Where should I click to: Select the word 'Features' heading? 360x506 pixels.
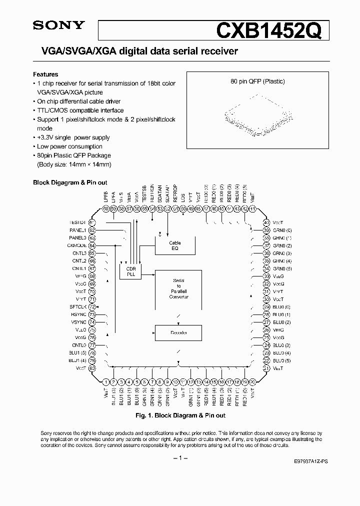[x=45, y=74]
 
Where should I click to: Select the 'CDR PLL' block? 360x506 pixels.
[x=130, y=271]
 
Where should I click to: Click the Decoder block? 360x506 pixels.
[x=178, y=332]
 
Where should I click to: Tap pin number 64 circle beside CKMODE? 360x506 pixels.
[x=92, y=245]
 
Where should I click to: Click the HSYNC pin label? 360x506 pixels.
[x=79, y=314]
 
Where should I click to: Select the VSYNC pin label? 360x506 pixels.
[x=79, y=322]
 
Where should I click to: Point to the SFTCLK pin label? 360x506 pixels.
[x=78, y=306]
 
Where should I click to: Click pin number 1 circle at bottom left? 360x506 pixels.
[x=106, y=382]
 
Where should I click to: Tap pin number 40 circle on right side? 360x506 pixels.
[x=266, y=222]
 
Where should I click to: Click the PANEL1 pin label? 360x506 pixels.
[x=78, y=230]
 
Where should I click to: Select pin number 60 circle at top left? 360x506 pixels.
[x=106, y=209]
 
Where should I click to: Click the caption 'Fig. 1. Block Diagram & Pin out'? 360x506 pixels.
[x=180, y=415]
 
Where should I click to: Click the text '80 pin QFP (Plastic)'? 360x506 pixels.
[x=255, y=81]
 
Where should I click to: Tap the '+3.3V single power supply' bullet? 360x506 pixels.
[x=73, y=137]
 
